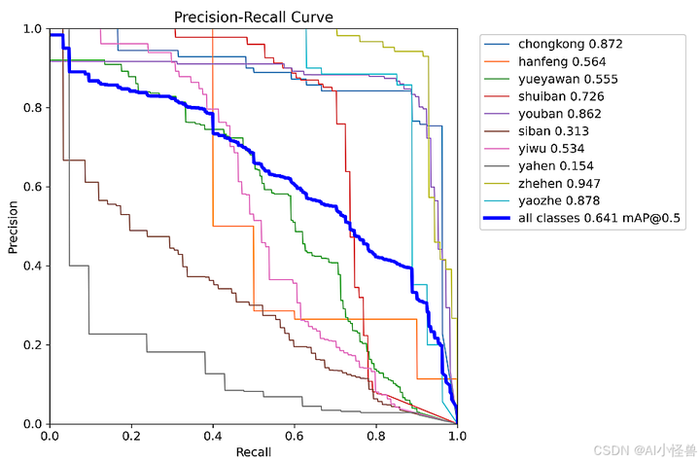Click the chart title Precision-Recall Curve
tap(253, 17)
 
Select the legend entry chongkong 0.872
tap(570, 44)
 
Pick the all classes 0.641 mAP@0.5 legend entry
tap(598, 220)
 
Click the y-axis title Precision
tap(14, 227)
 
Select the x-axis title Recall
tap(253, 452)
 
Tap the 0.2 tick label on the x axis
tap(131, 436)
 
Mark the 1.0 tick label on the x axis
tap(456, 436)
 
